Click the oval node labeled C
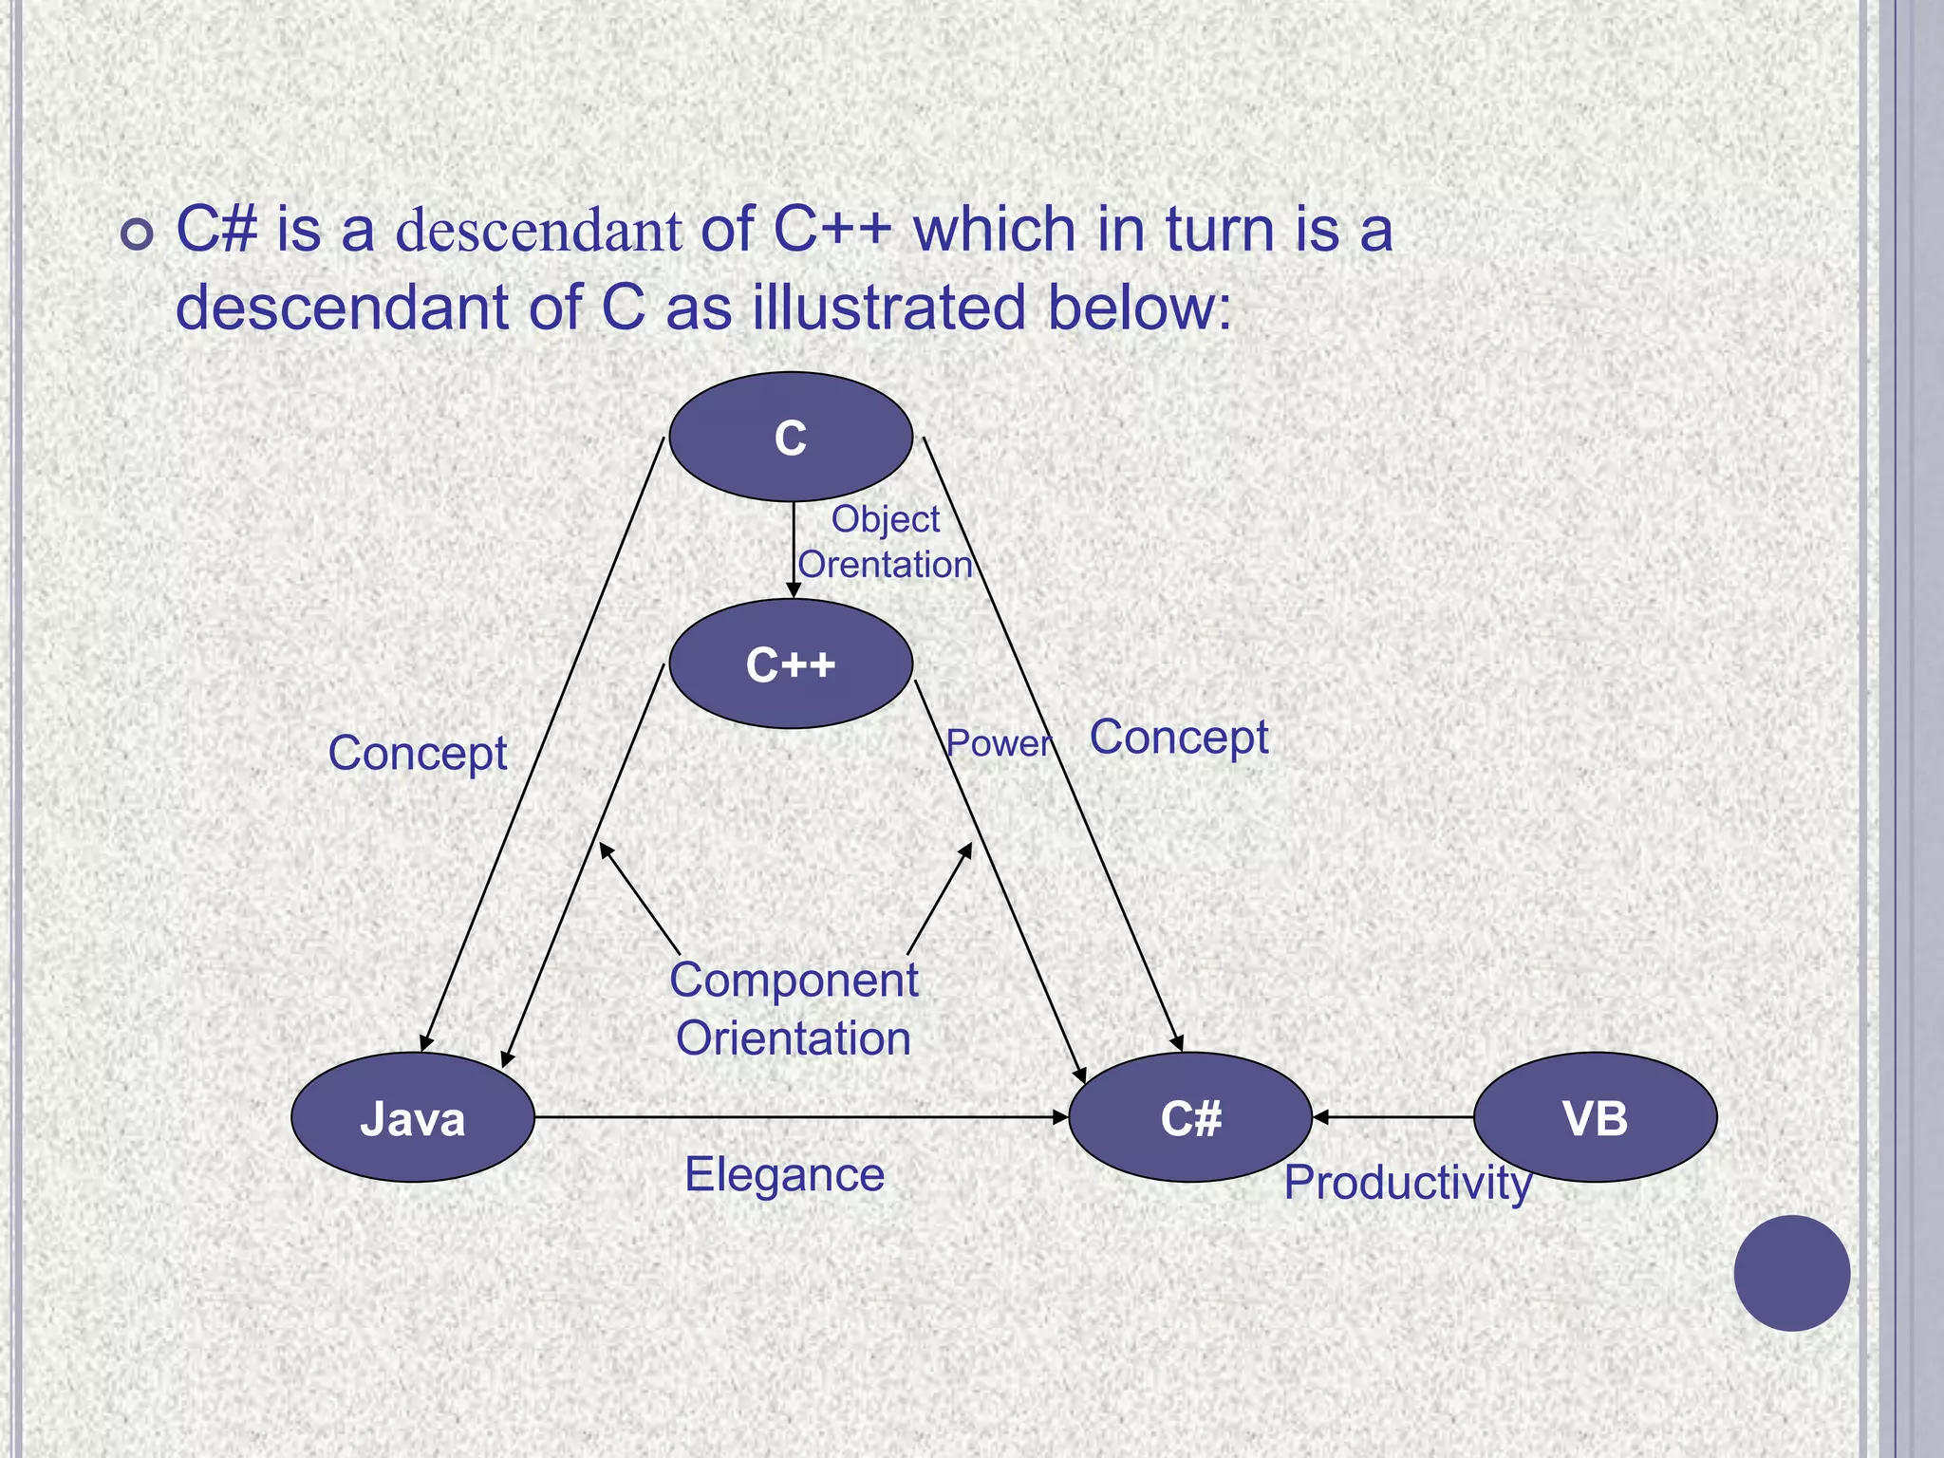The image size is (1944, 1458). coord(791,437)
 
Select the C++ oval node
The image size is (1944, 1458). coord(791,664)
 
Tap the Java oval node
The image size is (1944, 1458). coord(413,1117)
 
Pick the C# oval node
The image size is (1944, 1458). coord(1190,1117)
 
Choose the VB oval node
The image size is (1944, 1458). coord(1595,1117)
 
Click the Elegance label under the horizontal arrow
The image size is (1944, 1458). coord(784,1175)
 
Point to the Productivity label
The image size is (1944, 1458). coord(1408,1183)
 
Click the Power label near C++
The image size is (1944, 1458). coord(999,743)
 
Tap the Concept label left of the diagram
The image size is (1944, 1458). coord(418,754)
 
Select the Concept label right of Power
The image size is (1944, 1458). coord(1179,738)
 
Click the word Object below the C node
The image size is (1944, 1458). coord(885,519)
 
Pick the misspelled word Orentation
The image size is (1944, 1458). coord(885,565)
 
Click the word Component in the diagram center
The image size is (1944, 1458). coord(794,980)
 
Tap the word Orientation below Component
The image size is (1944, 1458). coord(794,1037)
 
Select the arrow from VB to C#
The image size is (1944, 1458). coord(1393,1117)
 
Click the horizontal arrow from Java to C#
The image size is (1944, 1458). coord(801,1117)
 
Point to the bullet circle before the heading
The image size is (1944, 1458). coord(138,234)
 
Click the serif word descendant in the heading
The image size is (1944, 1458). coord(538,231)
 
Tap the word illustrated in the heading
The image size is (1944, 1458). coord(889,308)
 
